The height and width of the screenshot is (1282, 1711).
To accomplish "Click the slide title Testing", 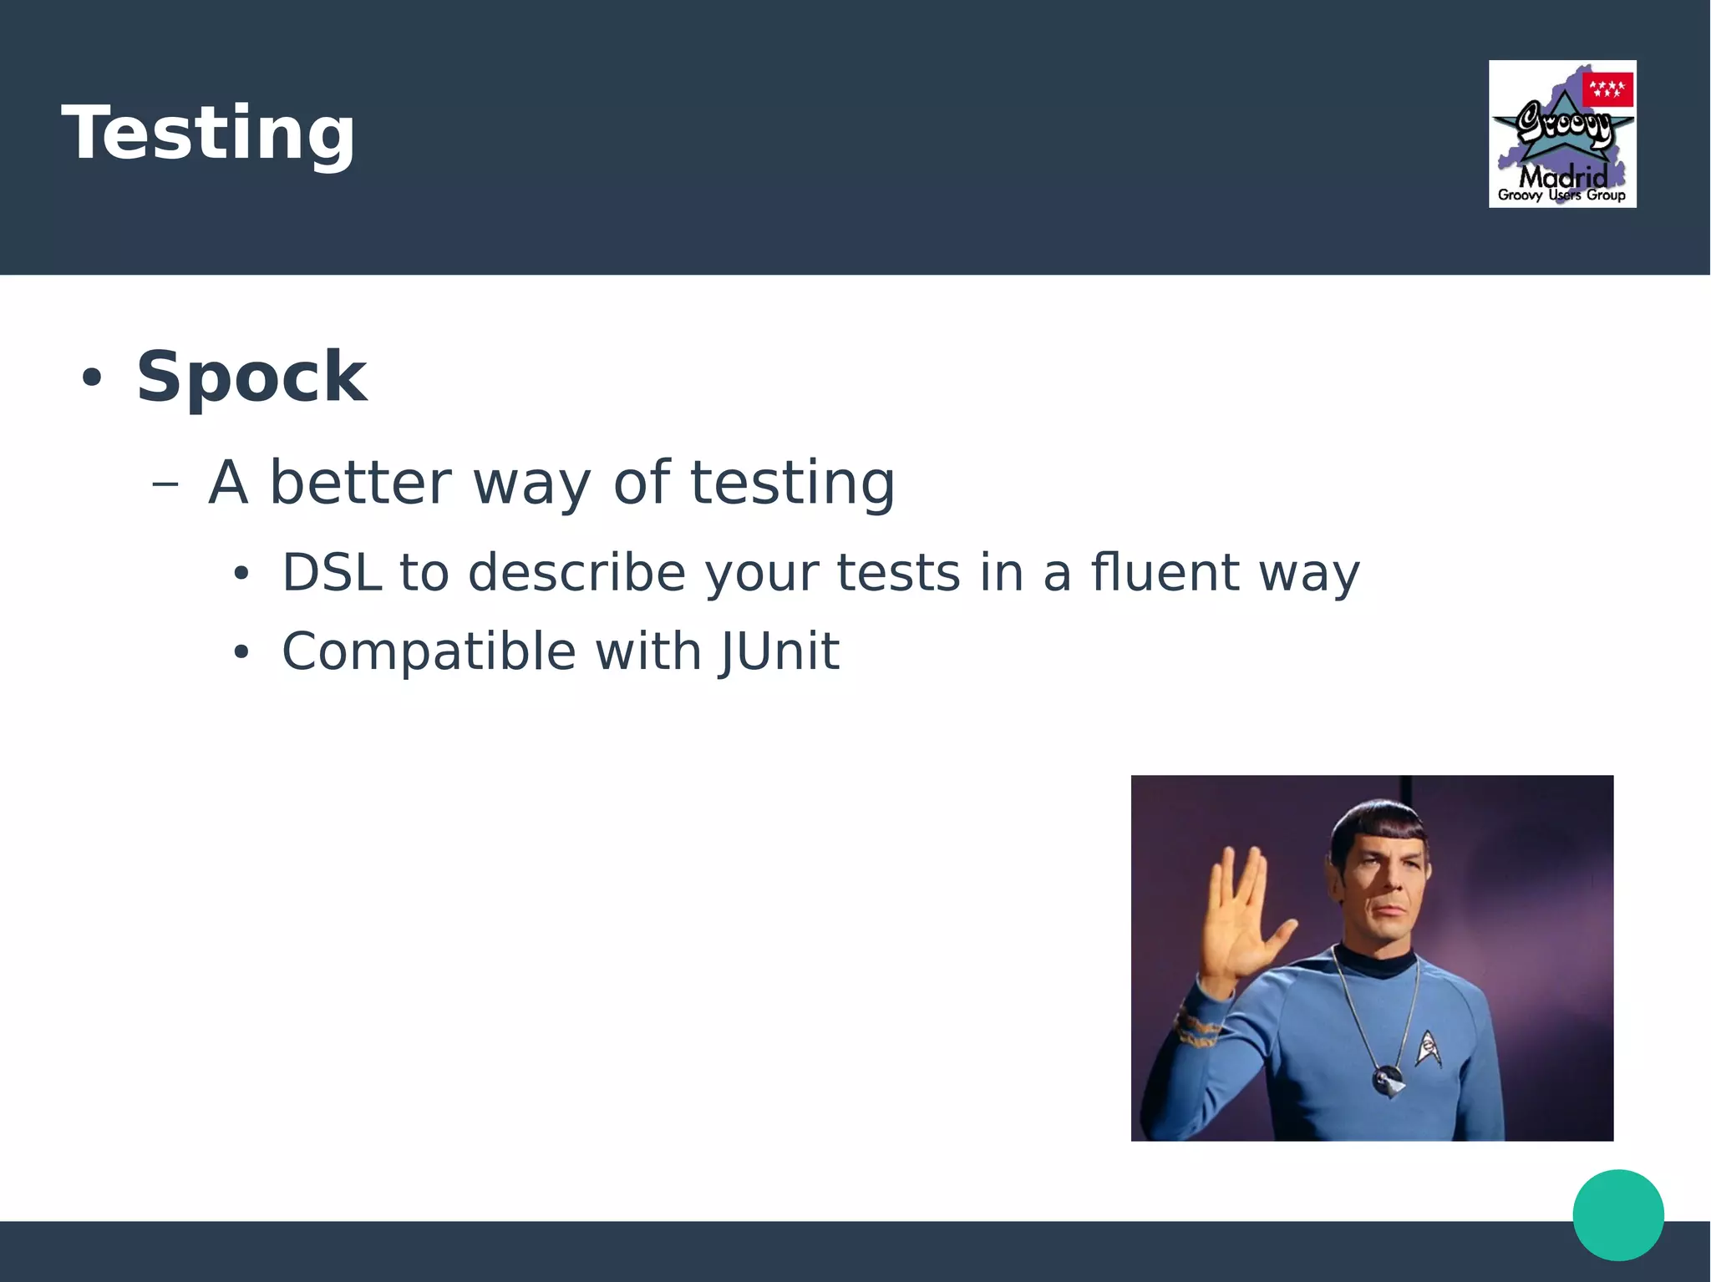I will pos(209,134).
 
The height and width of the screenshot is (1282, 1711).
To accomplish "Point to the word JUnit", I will pos(779,651).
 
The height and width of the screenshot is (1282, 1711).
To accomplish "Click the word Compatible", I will pos(429,651).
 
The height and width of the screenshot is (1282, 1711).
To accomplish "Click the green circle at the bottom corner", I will pos(1618,1214).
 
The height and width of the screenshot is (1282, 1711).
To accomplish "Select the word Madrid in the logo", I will pos(1562,177).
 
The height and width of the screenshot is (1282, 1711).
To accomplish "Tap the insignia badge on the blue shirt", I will pos(1428,1048).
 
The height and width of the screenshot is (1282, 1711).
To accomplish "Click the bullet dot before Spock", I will pos(91,378).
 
